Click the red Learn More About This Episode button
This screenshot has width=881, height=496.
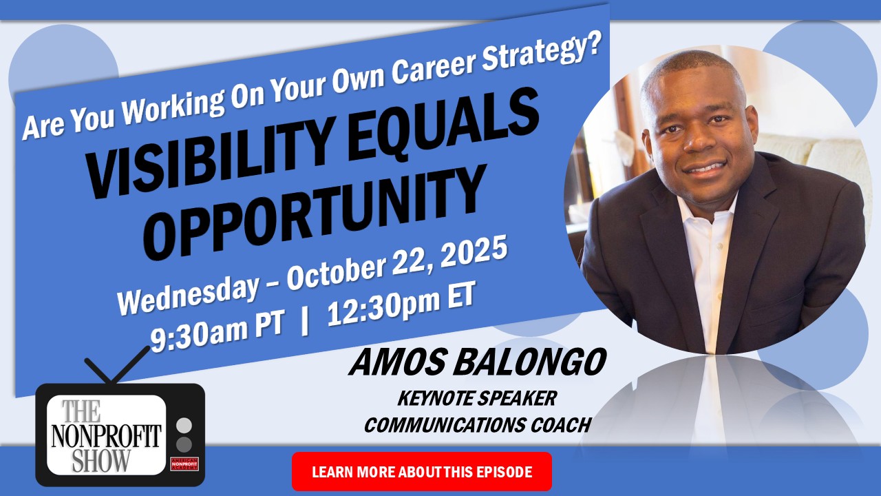422,471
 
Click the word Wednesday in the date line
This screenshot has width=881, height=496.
188,293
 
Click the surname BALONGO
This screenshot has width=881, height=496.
530,363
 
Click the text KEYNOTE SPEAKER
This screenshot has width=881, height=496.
477,398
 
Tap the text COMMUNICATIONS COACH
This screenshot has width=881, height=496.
478,425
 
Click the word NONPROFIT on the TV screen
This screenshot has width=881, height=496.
106,435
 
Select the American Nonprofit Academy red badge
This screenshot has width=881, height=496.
184,464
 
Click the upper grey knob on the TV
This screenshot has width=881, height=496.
184,426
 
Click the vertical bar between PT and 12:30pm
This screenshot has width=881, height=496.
304,323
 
